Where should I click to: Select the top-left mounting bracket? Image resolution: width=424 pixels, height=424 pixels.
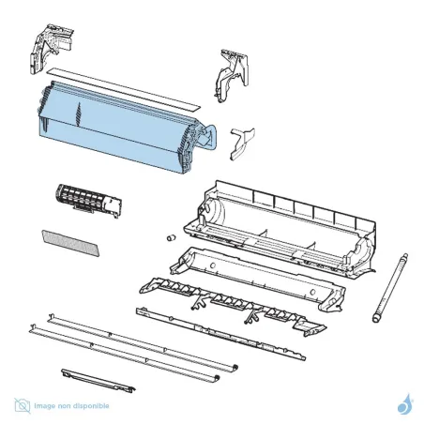(51, 49)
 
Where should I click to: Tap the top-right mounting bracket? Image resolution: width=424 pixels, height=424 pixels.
(232, 75)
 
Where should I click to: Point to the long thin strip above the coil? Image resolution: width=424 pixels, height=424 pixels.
(123, 89)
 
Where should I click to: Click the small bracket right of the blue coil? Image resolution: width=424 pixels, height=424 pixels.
(241, 144)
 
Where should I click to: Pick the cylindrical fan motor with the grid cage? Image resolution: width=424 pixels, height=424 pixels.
(88, 201)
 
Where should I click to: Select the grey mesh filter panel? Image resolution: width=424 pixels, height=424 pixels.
(70, 243)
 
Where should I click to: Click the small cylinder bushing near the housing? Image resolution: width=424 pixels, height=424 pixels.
(171, 237)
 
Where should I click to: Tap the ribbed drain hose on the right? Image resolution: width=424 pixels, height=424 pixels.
(389, 288)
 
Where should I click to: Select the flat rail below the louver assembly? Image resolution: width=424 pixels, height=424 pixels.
(220, 334)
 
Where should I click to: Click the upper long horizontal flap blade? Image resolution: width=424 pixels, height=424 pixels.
(143, 342)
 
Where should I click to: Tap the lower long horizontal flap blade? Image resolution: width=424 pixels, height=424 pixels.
(124, 354)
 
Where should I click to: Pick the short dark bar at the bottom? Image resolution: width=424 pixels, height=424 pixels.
(98, 381)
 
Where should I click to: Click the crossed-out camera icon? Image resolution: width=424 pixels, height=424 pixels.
(23, 405)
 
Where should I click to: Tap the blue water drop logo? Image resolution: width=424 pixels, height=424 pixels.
(405, 404)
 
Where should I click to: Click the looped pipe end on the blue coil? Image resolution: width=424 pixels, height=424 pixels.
(209, 135)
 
